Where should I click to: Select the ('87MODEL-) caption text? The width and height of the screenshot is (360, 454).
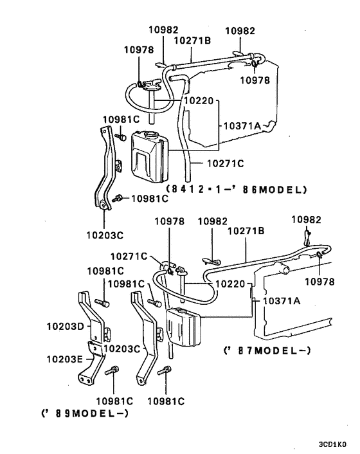pyautogui.click(x=267, y=350)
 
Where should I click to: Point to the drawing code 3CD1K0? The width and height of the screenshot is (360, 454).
pyautogui.click(x=332, y=444)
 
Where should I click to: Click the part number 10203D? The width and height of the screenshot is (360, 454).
pyautogui.click(x=65, y=327)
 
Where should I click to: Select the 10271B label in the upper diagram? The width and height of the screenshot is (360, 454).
pyautogui.click(x=193, y=40)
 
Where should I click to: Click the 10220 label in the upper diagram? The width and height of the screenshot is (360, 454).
pyautogui.click(x=201, y=102)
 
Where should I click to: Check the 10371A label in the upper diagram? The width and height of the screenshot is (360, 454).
pyautogui.click(x=242, y=126)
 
